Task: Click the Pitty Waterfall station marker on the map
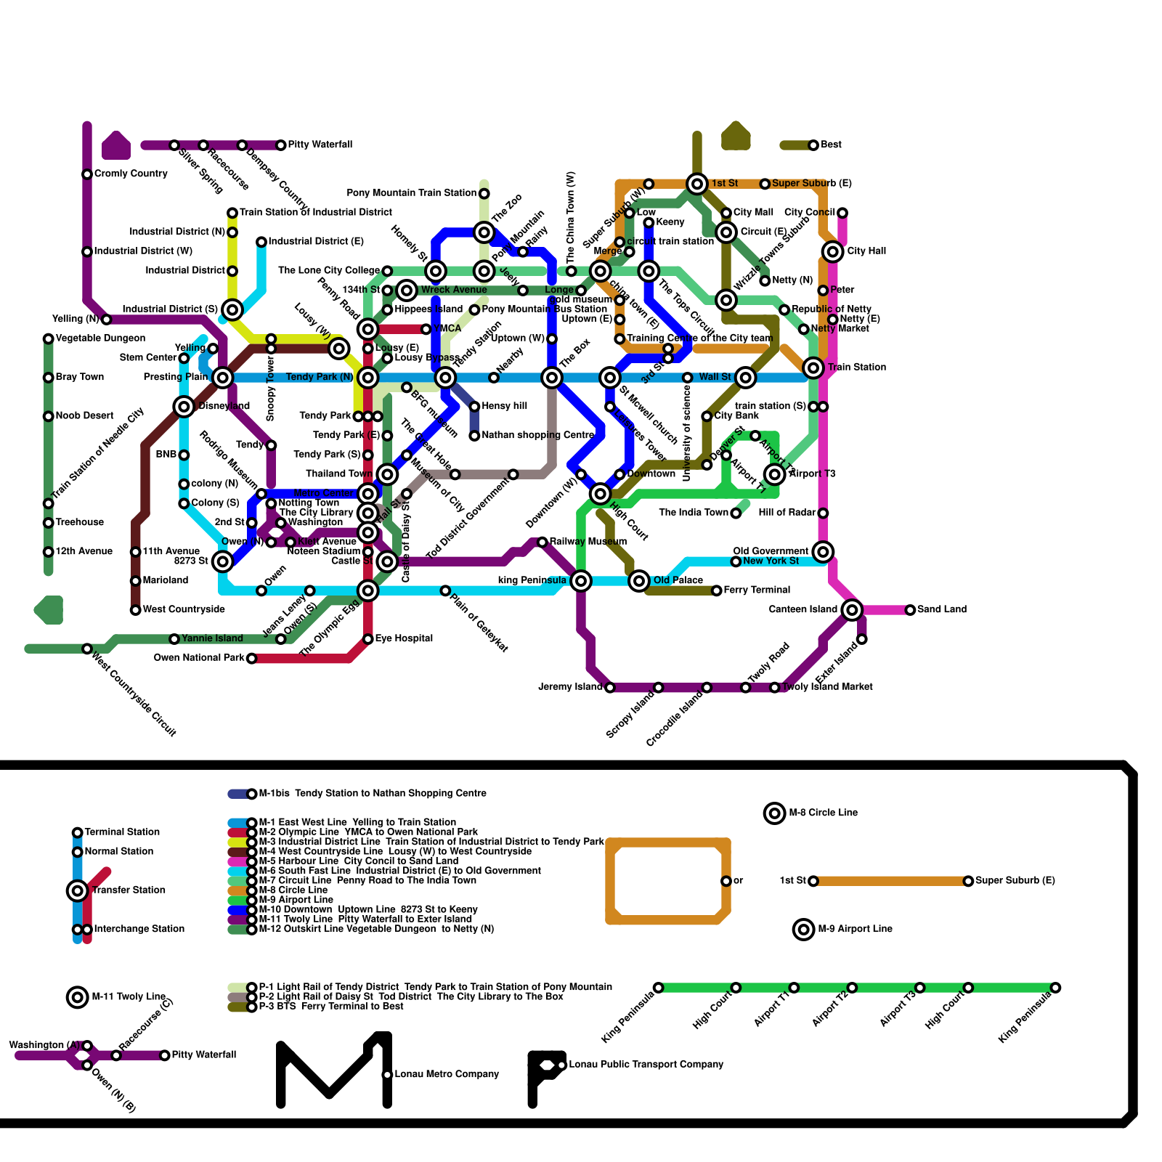281,145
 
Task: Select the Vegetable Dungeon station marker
49,338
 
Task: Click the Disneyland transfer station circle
184,407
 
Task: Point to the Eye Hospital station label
404,639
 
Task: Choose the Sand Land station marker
910,610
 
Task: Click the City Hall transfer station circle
833,251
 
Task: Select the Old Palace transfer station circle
639,581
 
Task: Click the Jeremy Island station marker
610,688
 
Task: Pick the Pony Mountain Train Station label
411,193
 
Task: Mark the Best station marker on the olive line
813,145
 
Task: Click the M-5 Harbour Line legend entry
358,861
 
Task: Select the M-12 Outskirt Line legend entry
376,929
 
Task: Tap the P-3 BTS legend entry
331,1007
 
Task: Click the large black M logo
334,1071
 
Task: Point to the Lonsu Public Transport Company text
646,1065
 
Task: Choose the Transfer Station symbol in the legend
78,890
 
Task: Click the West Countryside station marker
136,610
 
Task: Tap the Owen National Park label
199,658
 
